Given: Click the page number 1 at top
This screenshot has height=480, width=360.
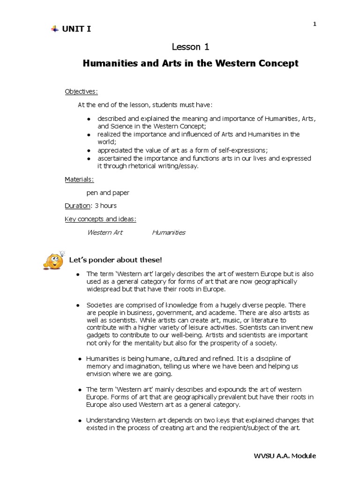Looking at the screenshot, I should point(315,24).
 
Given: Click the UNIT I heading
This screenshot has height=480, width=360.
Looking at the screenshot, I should point(77,29).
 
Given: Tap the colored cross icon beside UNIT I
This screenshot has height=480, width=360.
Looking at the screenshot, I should point(54,29).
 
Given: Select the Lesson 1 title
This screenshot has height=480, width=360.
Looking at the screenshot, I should point(190,47).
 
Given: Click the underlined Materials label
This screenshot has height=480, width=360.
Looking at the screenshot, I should point(79,179).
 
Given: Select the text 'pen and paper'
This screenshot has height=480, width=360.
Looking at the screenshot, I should point(108,192).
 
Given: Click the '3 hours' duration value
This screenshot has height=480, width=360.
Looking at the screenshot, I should point(105,205).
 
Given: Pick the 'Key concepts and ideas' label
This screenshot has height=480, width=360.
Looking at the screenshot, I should point(100,219).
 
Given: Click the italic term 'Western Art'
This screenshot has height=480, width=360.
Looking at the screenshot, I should point(105,232).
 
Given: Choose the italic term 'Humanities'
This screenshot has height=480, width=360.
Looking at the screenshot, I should point(169,232).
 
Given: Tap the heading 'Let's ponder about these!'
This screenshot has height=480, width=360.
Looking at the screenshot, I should point(115,260).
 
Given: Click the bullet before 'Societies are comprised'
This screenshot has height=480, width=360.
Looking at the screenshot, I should point(78,305).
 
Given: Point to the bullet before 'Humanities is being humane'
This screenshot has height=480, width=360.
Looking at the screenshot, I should point(80,359).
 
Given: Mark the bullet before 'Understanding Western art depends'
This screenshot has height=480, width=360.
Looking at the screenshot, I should point(80,420).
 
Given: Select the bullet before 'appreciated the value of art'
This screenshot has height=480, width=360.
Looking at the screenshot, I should point(89,150).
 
